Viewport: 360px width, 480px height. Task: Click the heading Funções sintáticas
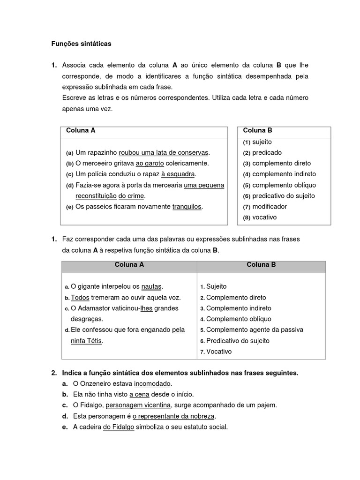(x=81, y=44)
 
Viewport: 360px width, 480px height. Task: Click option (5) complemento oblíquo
(x=279, y=185)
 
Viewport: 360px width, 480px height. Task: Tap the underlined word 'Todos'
(x=80, y=298)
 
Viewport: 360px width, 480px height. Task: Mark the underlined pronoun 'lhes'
(x=146, y=308)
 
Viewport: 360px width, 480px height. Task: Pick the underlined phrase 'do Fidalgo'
(x=118, y=427)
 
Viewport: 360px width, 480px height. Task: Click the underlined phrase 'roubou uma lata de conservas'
(x=164, y=153)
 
